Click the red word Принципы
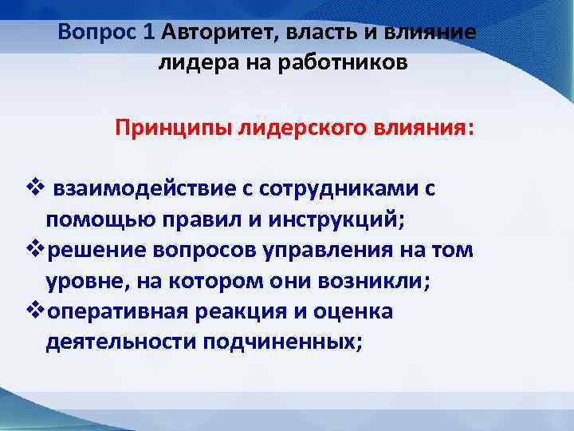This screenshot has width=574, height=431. pyautogui.click(x=174, y=129)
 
